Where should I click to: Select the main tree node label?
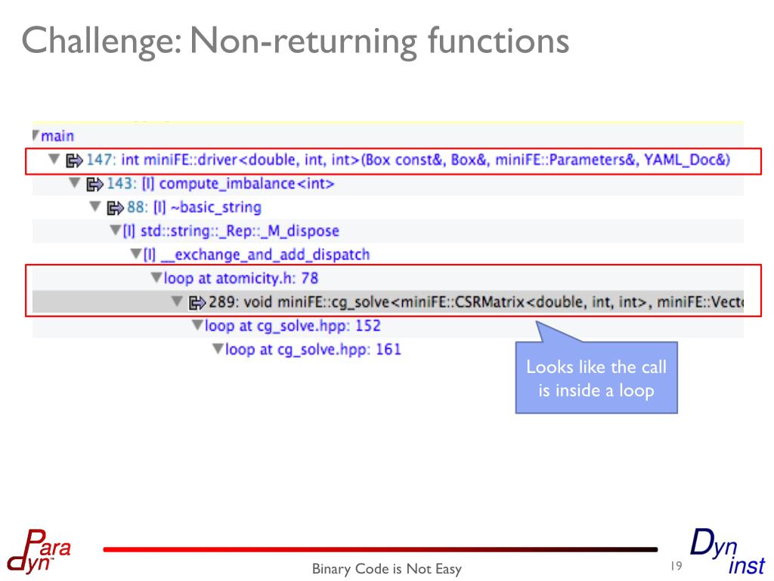pyautogui.click(x=57, y=137)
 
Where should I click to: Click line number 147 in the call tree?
pyautogui.click(x=99, y=160)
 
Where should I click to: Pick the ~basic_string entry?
pyautogui.click(x=215, y=207)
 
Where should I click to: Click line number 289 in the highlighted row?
pyautogui.click(x=222, y=303)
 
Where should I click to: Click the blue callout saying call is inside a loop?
pyautogui.click(x=596, y=378)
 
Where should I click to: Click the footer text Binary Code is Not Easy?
pyautogui.click(x=386, y=569)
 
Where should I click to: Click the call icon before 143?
pyautogui.click(x=94, y=184)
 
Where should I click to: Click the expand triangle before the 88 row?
pyautogui.click(x=94, y=207)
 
